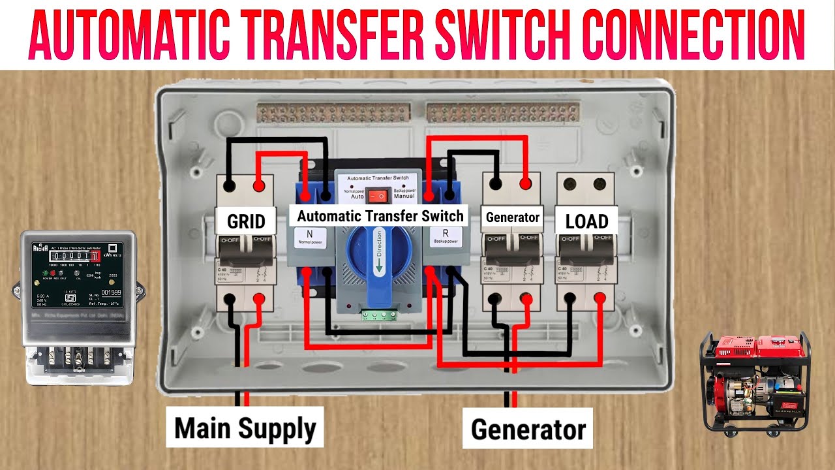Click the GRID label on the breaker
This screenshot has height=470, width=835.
(245, 221)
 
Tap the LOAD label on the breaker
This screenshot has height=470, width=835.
(586, 221)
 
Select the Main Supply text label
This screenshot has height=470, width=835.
(245, 428)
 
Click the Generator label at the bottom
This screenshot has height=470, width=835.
(528, 430)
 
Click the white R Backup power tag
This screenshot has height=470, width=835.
(446, 237)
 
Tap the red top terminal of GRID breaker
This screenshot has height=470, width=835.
(259, 185)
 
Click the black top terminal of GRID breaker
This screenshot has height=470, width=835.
(230, 185)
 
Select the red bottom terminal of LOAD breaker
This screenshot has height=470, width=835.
(600, 299)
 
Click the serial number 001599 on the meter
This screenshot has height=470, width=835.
(112, 293)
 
